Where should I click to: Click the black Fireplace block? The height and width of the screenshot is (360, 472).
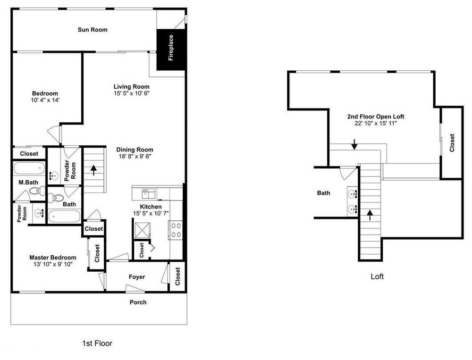tap(170, 50)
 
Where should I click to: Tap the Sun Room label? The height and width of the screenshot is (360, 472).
tap(93, 30)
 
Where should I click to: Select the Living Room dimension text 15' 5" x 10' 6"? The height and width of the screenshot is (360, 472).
tap(132, 93)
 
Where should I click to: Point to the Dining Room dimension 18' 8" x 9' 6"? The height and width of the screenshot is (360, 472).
tap(135, 156)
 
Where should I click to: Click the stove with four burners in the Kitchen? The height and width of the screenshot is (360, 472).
tap(175, 230)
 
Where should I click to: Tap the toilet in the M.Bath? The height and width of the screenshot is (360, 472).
tap(37, 191)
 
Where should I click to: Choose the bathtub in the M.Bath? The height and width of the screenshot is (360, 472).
tap(29, 168)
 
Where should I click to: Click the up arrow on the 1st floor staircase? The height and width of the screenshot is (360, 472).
tap(93, 170)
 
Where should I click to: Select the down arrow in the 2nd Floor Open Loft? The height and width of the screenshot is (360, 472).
tap(354, 144)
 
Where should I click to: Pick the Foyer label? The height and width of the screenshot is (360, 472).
tap(137, 276)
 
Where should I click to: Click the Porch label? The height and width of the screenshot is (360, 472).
tap(138, 302)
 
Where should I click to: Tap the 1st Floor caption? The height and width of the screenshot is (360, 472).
tap(97, 343)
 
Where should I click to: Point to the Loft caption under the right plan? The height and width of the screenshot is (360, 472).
tap(377, 276)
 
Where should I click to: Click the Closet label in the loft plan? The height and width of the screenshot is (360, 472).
tap(452, 143)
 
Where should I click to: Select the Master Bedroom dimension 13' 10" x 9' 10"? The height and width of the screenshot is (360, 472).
tap(53, 264)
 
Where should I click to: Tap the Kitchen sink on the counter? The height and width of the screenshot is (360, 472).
tap(148, 194)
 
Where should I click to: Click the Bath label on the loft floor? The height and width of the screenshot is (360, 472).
tap(323, 193)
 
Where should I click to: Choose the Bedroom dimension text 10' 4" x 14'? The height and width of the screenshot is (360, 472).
tap(45, 100)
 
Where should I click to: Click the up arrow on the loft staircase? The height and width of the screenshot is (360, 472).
tap(370, 215)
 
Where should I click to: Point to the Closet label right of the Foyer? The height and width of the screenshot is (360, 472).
tap(177, 276)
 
